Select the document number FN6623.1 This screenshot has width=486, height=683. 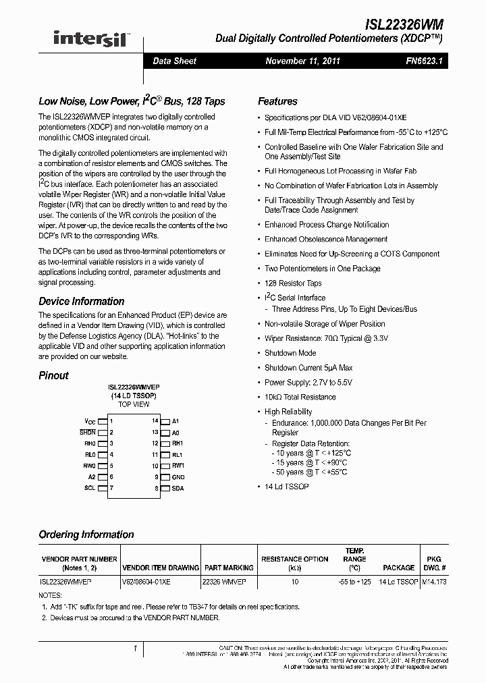pos(425,61)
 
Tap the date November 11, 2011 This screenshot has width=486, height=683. pos(302,61)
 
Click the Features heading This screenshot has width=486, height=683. pos(277,101)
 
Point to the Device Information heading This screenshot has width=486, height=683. pos(80,301)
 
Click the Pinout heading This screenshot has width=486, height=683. pos(53,375)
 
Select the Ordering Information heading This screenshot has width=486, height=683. pos(86,535)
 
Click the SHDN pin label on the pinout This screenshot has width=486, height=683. pos(88,432)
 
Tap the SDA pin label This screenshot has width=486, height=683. pos(178,488)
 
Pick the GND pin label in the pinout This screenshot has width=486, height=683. pos(178,477)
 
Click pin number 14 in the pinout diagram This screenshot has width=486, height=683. pos(155,420)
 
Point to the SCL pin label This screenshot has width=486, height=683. pos(89,488)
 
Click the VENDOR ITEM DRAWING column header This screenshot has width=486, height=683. pos(160,568)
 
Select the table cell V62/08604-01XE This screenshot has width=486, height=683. pos(146,581)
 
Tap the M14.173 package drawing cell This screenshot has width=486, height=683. pos(434,581)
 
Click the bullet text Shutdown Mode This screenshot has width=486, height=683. pos(290,353)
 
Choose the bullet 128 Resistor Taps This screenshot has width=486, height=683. pos(293,283)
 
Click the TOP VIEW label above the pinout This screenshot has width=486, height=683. pos(134,404)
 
